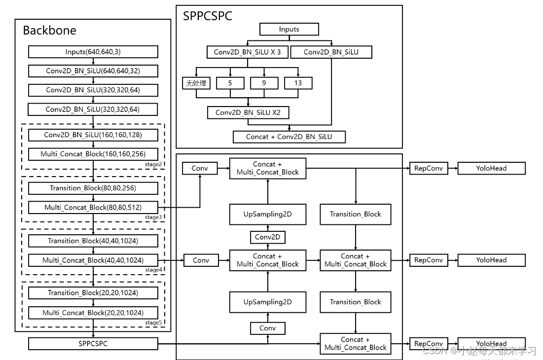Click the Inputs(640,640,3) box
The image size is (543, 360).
click(x=93, y=52)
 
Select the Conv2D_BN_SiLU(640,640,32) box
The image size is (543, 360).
click(x=93, y=71)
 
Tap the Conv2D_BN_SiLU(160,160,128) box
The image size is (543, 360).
click(x=93, y=135)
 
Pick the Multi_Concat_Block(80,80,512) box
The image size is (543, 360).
click(x=93, y=207)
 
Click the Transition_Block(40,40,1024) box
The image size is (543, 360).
click(x=93, y=241)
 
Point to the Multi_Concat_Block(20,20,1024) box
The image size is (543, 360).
click(x=93, y=312)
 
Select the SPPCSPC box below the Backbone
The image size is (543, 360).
click(x=93, y=343)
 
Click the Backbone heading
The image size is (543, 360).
click(x=50, y=31)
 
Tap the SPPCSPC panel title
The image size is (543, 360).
click(x=208, y=16)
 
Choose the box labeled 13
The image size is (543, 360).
click(x=298, y=83)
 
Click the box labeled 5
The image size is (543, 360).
click(x=230, y=83)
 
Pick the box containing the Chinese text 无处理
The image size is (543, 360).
click(x=196, y=83)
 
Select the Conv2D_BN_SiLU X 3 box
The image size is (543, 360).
click(x=247, y=52)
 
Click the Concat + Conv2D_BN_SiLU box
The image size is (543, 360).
click(x=289, y=137)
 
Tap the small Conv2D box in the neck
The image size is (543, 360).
click(x=267, y=237)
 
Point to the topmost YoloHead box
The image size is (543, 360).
click(x=491, y=168)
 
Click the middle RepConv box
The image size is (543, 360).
click(x=428, y=260)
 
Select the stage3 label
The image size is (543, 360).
click(x=153, y=217)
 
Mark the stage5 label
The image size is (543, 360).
click(x=153, y=323)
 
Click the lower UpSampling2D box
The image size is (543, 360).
click(x=267, y=302)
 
